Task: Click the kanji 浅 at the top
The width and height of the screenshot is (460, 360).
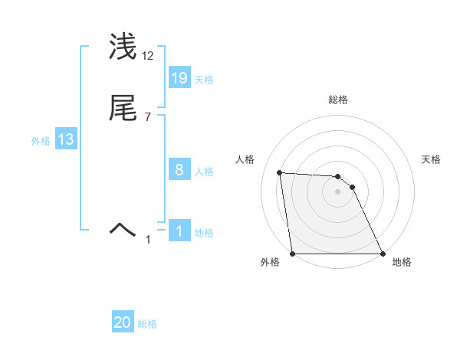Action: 123,46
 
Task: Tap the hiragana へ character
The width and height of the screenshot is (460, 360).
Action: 123,227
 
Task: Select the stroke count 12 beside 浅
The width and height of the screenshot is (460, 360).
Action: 149,56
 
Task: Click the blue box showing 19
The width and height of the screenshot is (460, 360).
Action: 179,78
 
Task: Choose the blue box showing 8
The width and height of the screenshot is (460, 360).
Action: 179,171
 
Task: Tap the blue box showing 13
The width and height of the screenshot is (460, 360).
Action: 65,139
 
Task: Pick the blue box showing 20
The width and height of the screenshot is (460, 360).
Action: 123,323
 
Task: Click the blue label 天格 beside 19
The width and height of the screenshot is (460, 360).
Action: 203,80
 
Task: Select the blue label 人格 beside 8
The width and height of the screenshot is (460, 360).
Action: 203,172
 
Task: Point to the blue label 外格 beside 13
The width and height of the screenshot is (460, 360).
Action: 41,141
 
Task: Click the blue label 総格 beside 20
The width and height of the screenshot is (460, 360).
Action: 147,325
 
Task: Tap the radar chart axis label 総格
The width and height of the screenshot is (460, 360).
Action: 338,100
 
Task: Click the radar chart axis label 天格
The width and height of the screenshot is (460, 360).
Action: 431,159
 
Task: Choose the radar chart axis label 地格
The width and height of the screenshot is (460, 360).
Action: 402,263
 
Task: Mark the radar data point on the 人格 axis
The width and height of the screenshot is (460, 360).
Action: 280,173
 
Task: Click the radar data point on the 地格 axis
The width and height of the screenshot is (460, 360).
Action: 382,254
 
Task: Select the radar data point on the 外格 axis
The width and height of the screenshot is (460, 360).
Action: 293,254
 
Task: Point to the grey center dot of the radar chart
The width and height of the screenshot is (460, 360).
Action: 337,191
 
